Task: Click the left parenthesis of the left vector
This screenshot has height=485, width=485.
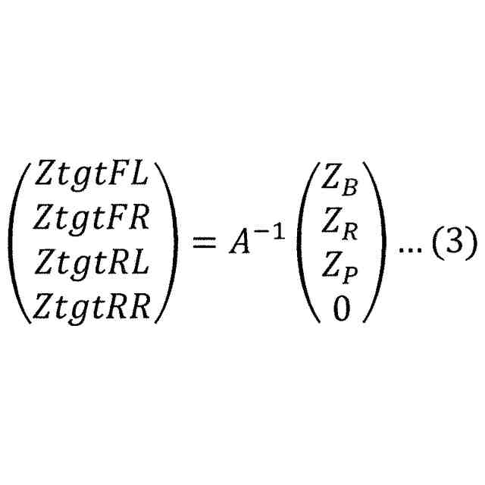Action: tap(20, 242)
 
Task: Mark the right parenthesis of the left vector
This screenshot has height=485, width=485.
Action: tap(165, 242)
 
